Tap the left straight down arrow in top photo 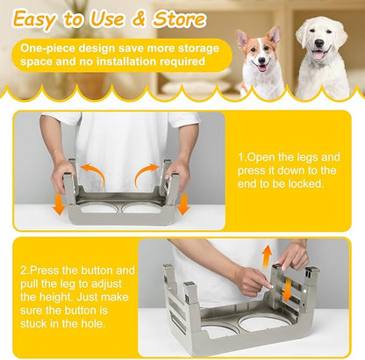click(58, 203)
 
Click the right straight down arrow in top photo click(182, 203)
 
